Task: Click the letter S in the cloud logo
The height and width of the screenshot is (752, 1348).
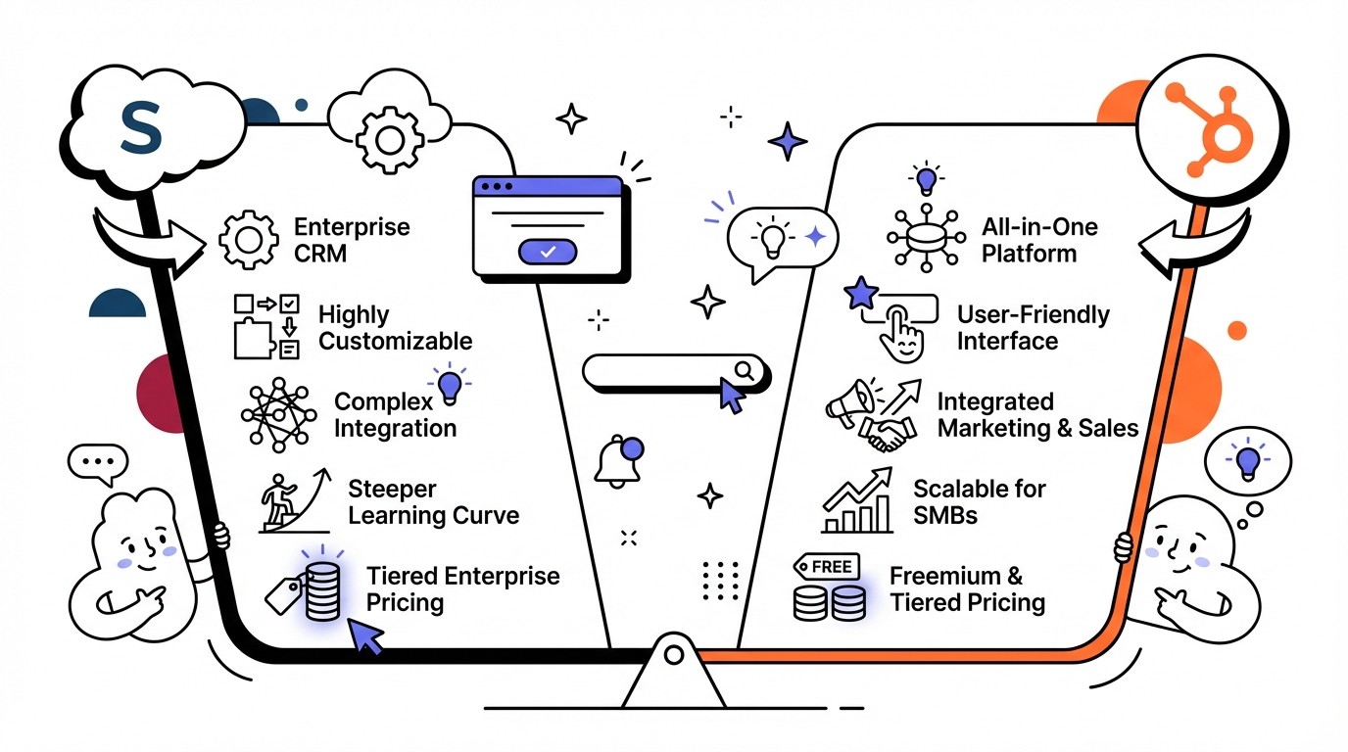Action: pyautogui.click(x=139, y=130)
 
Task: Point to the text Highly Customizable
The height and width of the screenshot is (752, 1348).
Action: pyautogui.click(x=395, y=328)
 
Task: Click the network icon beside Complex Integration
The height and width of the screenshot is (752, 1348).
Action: pyautogui.click(x=278, y=415)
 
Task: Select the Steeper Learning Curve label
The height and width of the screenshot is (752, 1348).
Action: pyautogui.click(x=433, y=502)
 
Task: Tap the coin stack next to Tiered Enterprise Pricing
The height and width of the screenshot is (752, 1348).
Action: pyautogui.click(x=322, y=591)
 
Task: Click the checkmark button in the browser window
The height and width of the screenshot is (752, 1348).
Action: pyautogui.click(x=548, y=252)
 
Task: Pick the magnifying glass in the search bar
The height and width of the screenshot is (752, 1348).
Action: pyautogui.click(x=745, y=370)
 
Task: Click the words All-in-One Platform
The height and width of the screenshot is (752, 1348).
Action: pyautogui.click(x=1039, y=241)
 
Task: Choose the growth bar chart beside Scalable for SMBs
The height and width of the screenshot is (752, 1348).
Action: pyautogui.click(x=858, y=501)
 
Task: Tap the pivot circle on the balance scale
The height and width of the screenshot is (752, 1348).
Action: pyautogui.click(x=673, y=654)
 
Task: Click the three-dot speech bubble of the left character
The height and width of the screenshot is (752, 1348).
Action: pyautogui.click(x=98, y=461)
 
